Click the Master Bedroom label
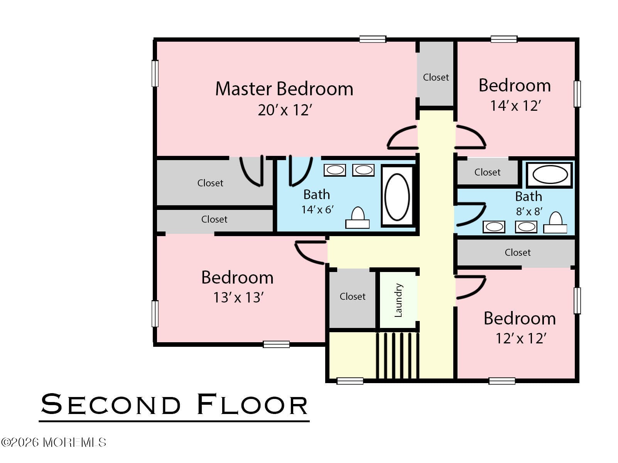pyautogui.click(x=284, y=89)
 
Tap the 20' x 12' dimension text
pyautogui.click(x=285, y=110)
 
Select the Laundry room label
pyautogui.click(x=398, y=300)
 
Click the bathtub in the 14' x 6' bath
pyautogui.click(x=397, y=196)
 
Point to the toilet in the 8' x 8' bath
pyautogui.click(x=555, y=223)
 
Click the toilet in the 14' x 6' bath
pyautogui.click(x=358, y=218)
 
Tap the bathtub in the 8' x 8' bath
pyautogui.click(x=550, y=174)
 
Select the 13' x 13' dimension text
pyautogui.click(x=238, y=297)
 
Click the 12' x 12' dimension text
pyautogui.click(x=520, y=338)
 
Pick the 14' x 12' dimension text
pyautogui.click(x=515, y=106)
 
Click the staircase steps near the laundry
pyautogui.click(x=398, y=356)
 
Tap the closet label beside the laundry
pyautogui.click(x=353, y=296)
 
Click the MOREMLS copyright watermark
pyautogui.click(x=54, y=443)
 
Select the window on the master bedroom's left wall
pyautogui.click(x=155, y=73)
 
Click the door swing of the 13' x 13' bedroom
pyautogui.click(x=310, y=253)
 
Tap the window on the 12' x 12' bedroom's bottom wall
pyautogui.click(x=502, y=381)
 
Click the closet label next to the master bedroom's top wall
pyautogui.click(x=436, y=78)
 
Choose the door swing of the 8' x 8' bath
pyautogui.click(x=471, y=214)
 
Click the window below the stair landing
pyautogui.click(x=350, y=381)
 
